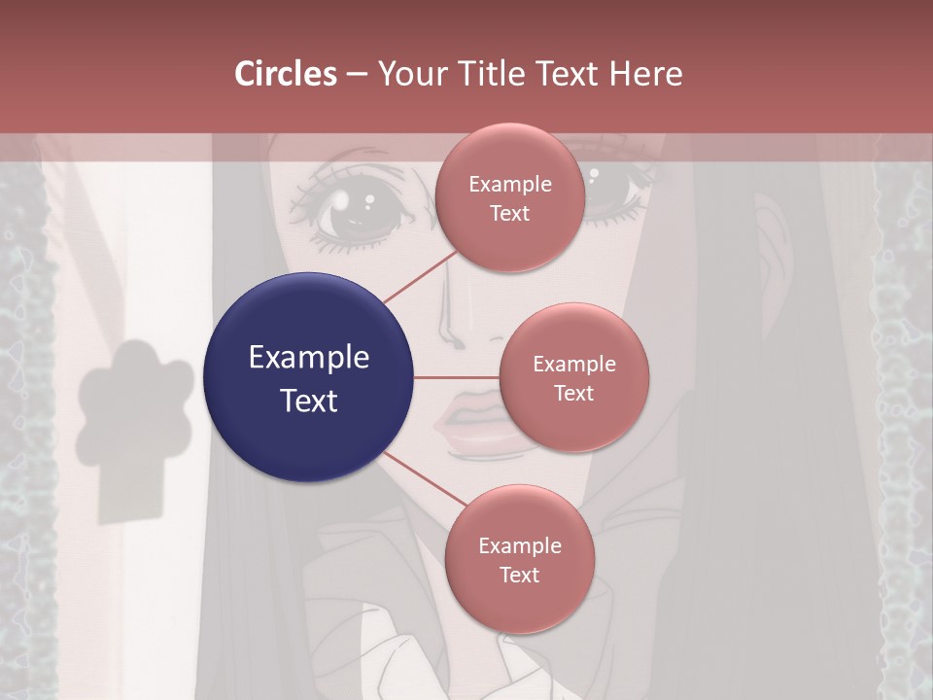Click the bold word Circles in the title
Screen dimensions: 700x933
click(x=286, y=74)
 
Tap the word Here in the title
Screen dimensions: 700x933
click(x=645, y=74)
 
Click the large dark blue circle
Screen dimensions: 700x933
click(x=309, y=377)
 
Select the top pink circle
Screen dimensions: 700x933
click(x=509, y=198)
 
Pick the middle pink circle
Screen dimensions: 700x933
click(x=573, y=377)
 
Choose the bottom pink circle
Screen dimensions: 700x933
click(x=519, y=559)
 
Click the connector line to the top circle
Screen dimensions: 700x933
click(x=420, y=277)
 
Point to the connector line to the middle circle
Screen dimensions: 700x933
click(x=456, y=377)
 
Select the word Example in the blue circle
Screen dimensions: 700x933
click(x=309, y=358)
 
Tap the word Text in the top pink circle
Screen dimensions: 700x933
click(x=509, y=214)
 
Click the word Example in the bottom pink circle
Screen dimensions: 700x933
click(x=519, y=545)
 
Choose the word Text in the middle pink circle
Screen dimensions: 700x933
click(x=573, y=393)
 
